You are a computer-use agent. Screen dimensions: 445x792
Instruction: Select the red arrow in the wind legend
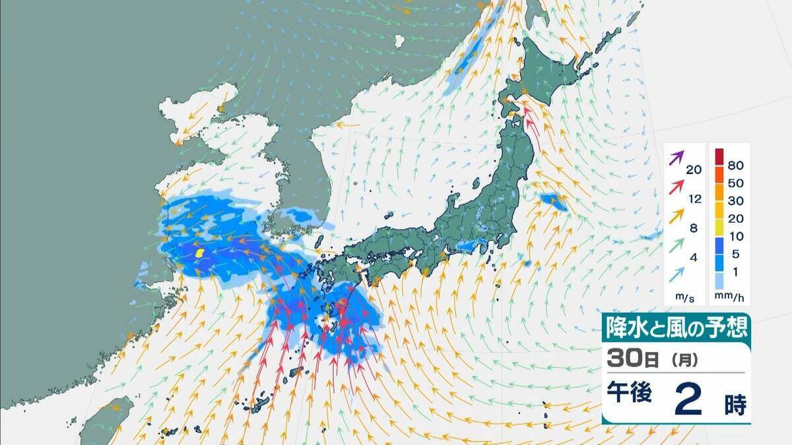676,187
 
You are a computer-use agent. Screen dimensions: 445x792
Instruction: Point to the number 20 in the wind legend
693,169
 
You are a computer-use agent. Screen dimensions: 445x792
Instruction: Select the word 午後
630,395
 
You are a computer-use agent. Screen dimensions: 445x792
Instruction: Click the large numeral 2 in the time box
688,400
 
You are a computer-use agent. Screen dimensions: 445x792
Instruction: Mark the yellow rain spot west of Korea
199,252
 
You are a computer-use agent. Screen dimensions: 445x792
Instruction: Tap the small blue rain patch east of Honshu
553,202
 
